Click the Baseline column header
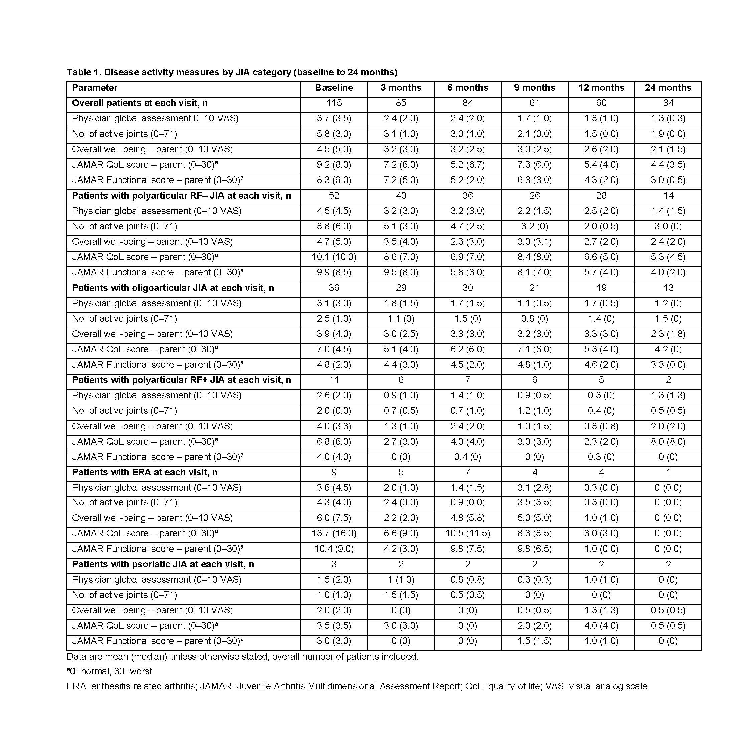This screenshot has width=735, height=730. click(x=334, y=88)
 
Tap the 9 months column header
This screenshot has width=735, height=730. click(x=534, y=88)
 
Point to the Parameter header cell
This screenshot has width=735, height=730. click(x=95, y=88)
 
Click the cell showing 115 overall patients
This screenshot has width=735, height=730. click(x=334, y=103)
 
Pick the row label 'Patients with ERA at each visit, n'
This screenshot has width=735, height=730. click(x=145, y=472)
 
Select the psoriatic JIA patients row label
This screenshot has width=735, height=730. click(x=163, y=564)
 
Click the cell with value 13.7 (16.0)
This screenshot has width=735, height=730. click(x=334, y=533)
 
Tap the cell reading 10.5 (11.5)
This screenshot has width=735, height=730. click(x=467, y=533)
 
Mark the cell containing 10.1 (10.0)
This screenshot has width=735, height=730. click(x=334, y=257)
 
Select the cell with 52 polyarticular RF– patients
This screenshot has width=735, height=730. click(x=334, y=195)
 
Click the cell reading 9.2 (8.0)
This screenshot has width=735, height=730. click(x=334, y=164)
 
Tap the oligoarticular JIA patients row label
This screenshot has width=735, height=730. click(x=173, y=288)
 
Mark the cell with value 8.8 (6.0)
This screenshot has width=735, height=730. click(x=334, y=226)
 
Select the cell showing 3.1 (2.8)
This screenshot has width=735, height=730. click(x=534, y=487)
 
